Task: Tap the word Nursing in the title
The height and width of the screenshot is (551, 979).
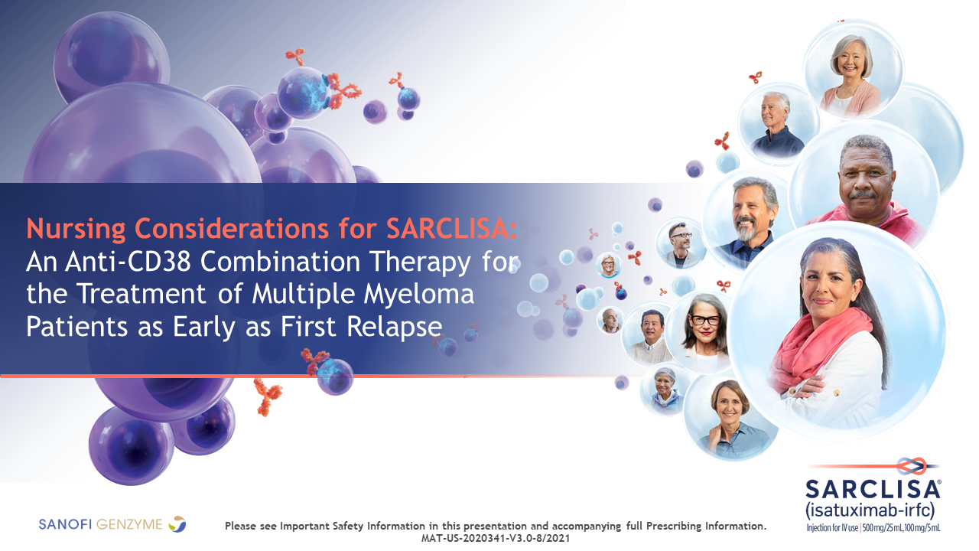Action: [x=76, y=229]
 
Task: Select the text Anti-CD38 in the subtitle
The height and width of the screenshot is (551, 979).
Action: [x=128, y=262]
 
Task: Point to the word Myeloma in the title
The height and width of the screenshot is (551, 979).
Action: [x=419, y=295]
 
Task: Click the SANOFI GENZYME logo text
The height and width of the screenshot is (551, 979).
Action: [x=100, y=524]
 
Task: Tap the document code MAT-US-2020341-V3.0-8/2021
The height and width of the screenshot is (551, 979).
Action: [x=495, y=538]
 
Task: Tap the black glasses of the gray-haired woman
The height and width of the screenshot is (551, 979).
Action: [x=704, y=320]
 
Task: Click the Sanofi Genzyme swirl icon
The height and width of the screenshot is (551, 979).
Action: [x=177, y=523]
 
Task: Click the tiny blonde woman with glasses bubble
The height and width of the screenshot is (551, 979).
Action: [x=609, y=265]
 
